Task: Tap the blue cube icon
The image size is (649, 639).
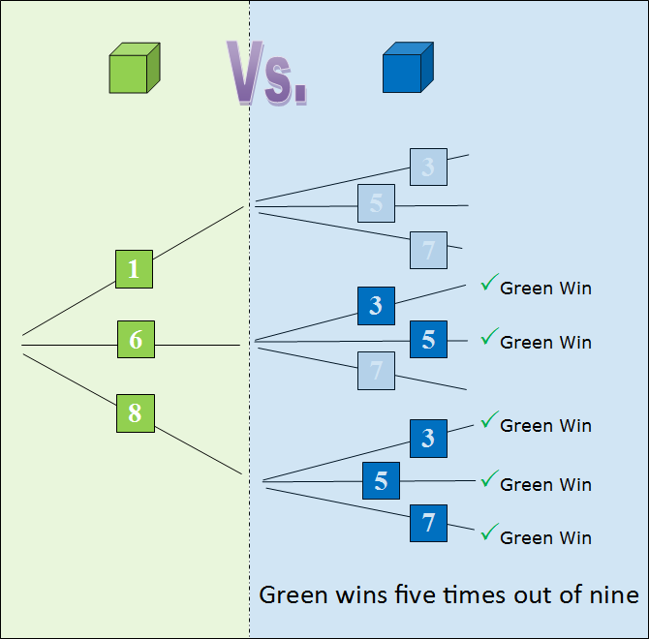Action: coord(402,68)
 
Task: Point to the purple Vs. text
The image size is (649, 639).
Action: coord(267,74)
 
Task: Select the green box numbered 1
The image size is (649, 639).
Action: coord(134,269)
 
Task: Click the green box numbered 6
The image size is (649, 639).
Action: coord(136,339)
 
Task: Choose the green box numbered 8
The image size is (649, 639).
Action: coord(135,413)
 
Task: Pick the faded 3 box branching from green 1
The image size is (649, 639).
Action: coord(428,167)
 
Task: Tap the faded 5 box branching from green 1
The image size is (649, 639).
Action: coord(376,203)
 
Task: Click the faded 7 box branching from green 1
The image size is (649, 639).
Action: coord(428,251)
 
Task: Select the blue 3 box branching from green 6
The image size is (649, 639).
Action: coord(376,306)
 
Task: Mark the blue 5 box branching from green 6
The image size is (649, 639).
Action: coord(428,340)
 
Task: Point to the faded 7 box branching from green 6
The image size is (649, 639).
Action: coord(376,371)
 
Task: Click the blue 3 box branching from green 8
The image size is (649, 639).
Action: coord(428,439)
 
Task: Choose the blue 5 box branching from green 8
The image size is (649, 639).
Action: coord(381,481)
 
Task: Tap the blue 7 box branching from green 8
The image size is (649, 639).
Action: coord(428,523)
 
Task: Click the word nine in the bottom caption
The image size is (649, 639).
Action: coord(615,594)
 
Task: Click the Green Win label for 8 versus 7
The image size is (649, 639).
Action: coord(545,538)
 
